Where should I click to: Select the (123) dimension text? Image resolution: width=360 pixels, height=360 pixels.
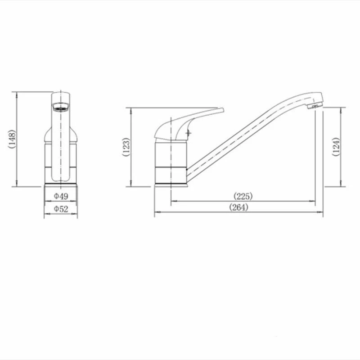click(x=126, y=147)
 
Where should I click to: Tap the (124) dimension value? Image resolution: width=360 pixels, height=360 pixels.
click(x=336, y=146)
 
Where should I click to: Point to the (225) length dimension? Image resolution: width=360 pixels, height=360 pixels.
click(x=243, y=196)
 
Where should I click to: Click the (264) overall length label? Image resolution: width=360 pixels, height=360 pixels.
click(x=239, y=207)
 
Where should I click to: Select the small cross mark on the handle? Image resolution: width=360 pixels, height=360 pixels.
click(x=188, y=133)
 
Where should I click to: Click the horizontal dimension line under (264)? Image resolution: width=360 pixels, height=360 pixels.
click(x=239, y=212)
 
